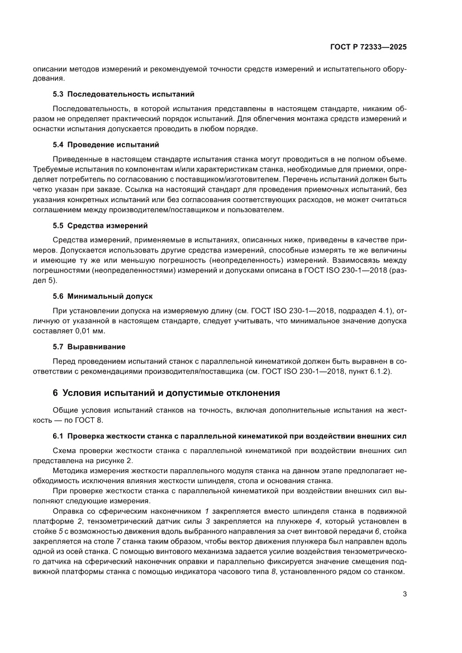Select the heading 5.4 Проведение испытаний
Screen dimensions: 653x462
[106, 144]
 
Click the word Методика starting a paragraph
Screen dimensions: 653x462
[69, 470]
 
